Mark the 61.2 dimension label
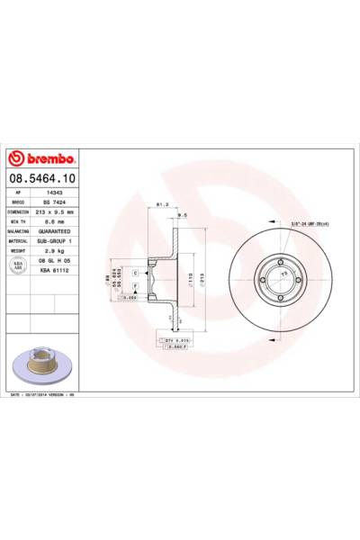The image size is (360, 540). [165, 204]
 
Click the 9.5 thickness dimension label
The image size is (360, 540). [182, 215]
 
